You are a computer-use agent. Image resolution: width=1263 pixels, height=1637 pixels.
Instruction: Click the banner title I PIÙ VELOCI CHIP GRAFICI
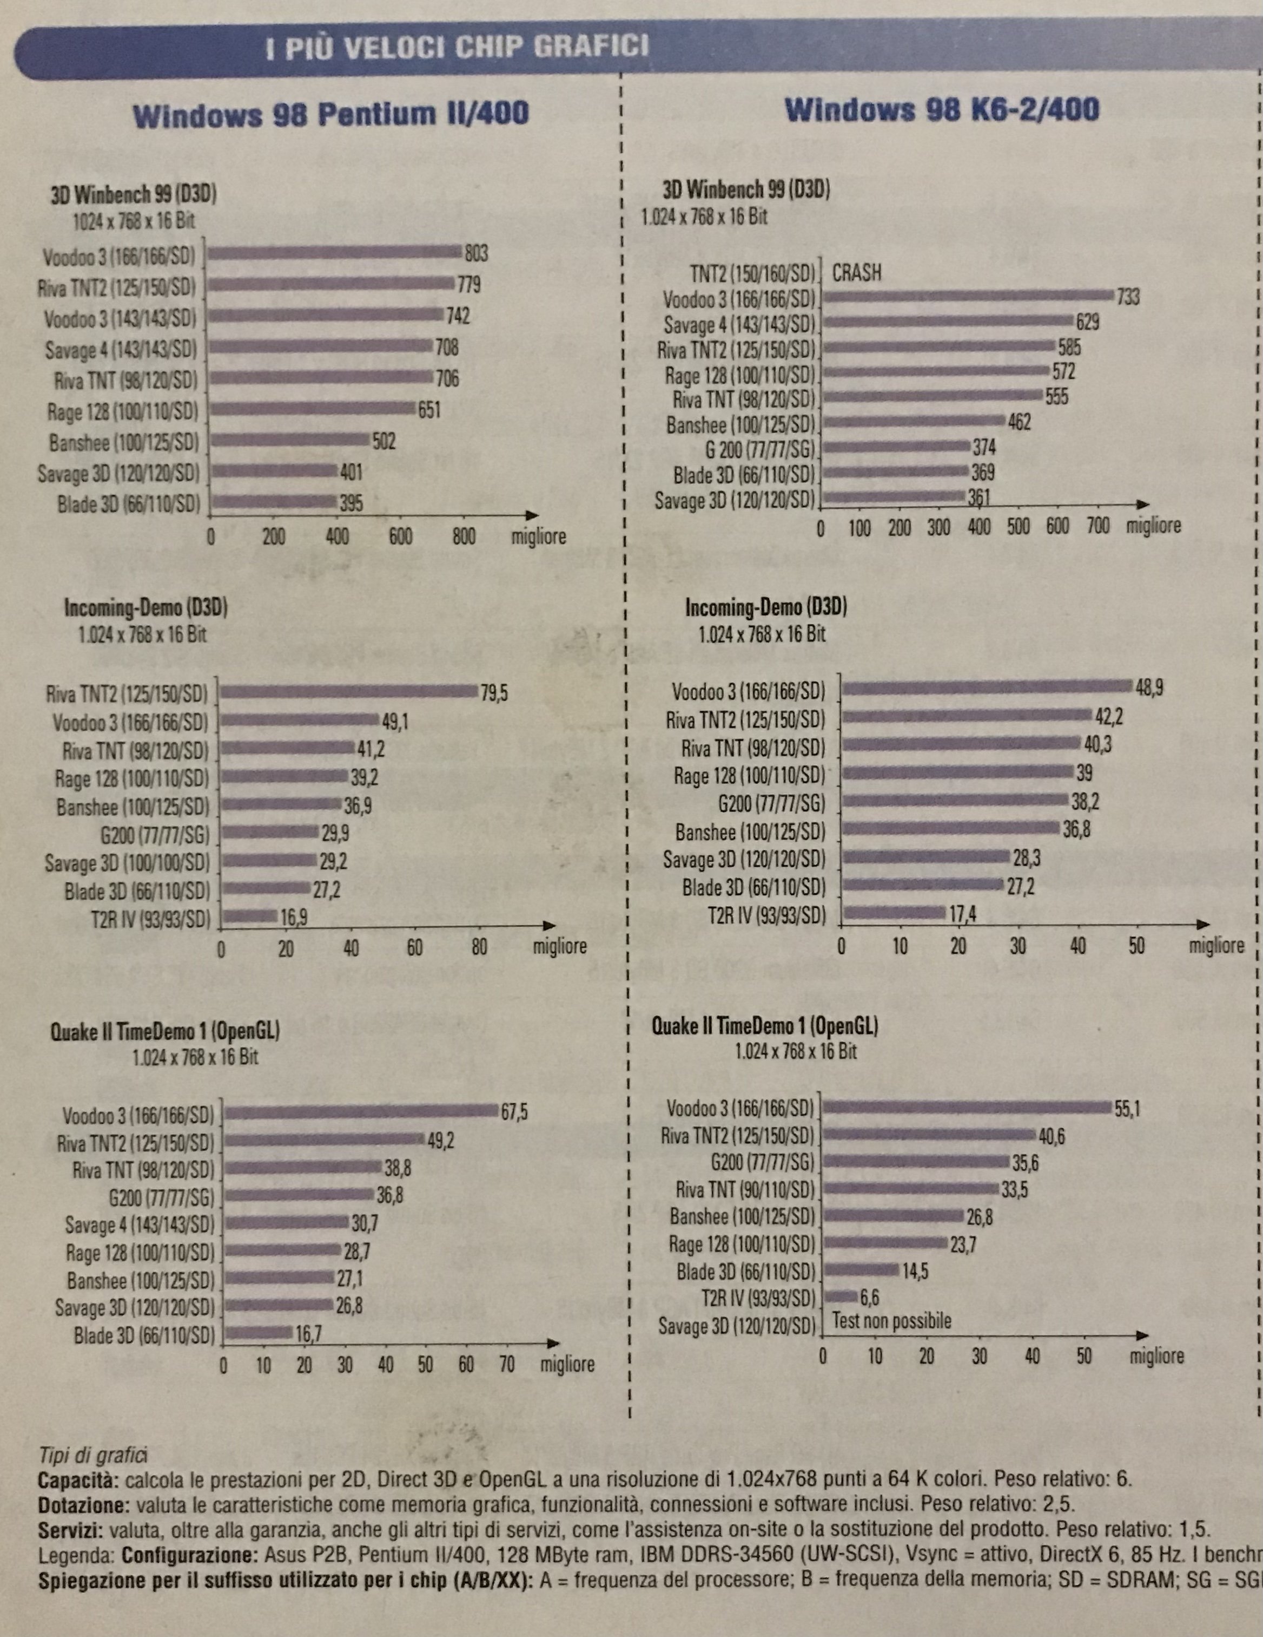[457, 49]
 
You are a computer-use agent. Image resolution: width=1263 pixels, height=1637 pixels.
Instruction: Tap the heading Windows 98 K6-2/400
[942, 111]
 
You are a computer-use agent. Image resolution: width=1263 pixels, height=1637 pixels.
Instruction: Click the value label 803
[477, 253]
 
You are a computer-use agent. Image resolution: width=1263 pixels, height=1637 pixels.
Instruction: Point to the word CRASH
[857, 273]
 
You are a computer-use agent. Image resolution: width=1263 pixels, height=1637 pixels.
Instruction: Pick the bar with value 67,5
[361, 1111]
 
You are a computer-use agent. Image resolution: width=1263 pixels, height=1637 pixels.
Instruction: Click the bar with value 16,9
[249, 916]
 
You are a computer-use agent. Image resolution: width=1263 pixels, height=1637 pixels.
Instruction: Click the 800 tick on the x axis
[464, 536]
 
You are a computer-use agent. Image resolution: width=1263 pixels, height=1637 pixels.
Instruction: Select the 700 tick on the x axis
[1097, 526]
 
